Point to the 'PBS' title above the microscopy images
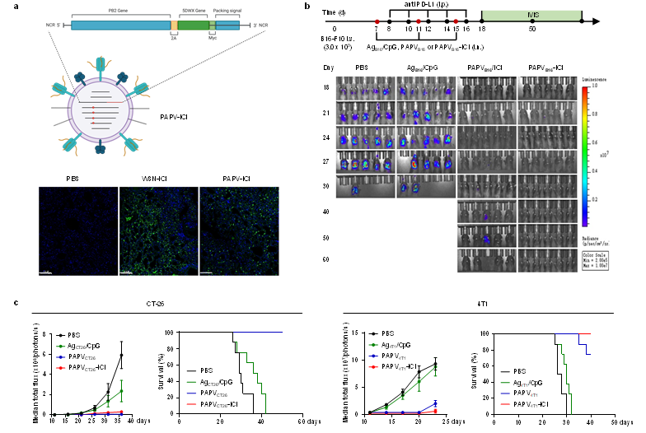(76, 178)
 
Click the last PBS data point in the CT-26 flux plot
(121, 356)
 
